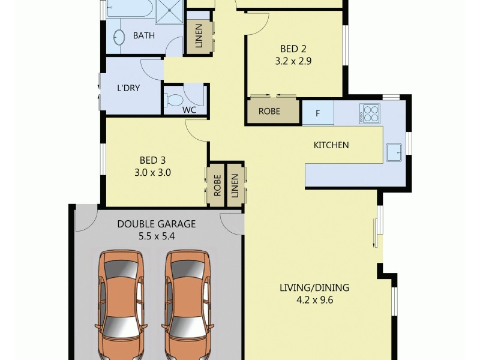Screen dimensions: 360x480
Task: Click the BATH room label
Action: [x=144, y=36]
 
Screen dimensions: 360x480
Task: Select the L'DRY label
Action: [x=128, y=88]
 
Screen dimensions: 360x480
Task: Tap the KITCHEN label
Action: [x=331, y=145]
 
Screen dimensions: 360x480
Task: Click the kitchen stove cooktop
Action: [x=370, y=113]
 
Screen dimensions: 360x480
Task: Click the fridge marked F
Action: [x=317, y=112]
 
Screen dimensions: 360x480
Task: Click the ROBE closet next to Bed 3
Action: [x=217, y=185]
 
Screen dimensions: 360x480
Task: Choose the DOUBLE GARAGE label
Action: [x=156, y=224]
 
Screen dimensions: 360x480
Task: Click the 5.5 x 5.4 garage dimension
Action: [x=156, y=236]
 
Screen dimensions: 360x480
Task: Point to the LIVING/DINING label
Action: [x=314, y=287]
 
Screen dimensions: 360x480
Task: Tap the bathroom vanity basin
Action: [x=118, y=37]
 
